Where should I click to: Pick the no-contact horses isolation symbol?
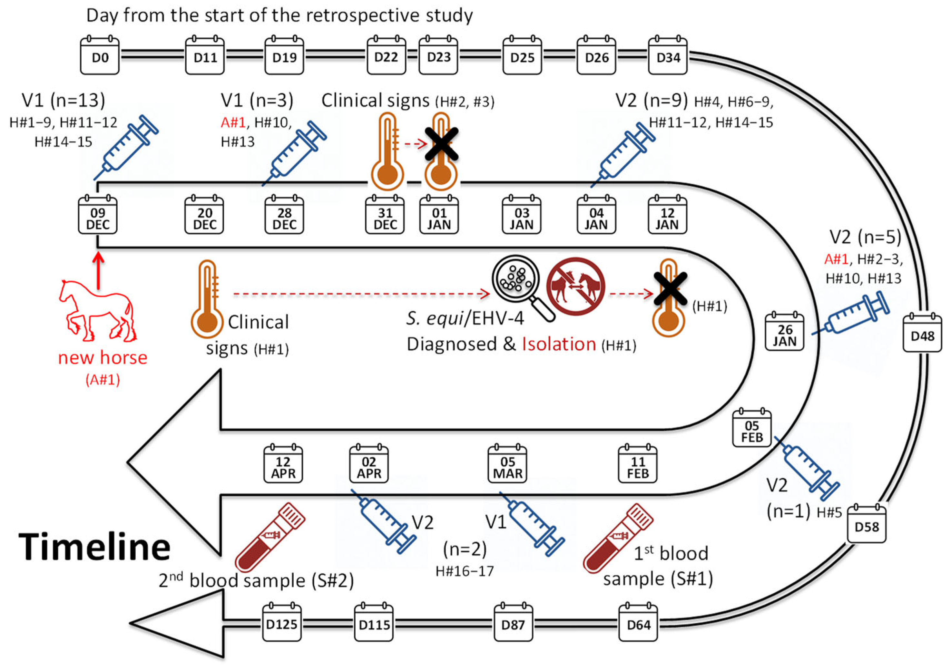[x=575, y=286]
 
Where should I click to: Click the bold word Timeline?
[x=94, y=547]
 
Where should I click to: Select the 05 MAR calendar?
[x=507, y=465]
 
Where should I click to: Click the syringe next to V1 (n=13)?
[x=126, y=147]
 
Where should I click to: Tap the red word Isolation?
[x=558, y=344]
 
